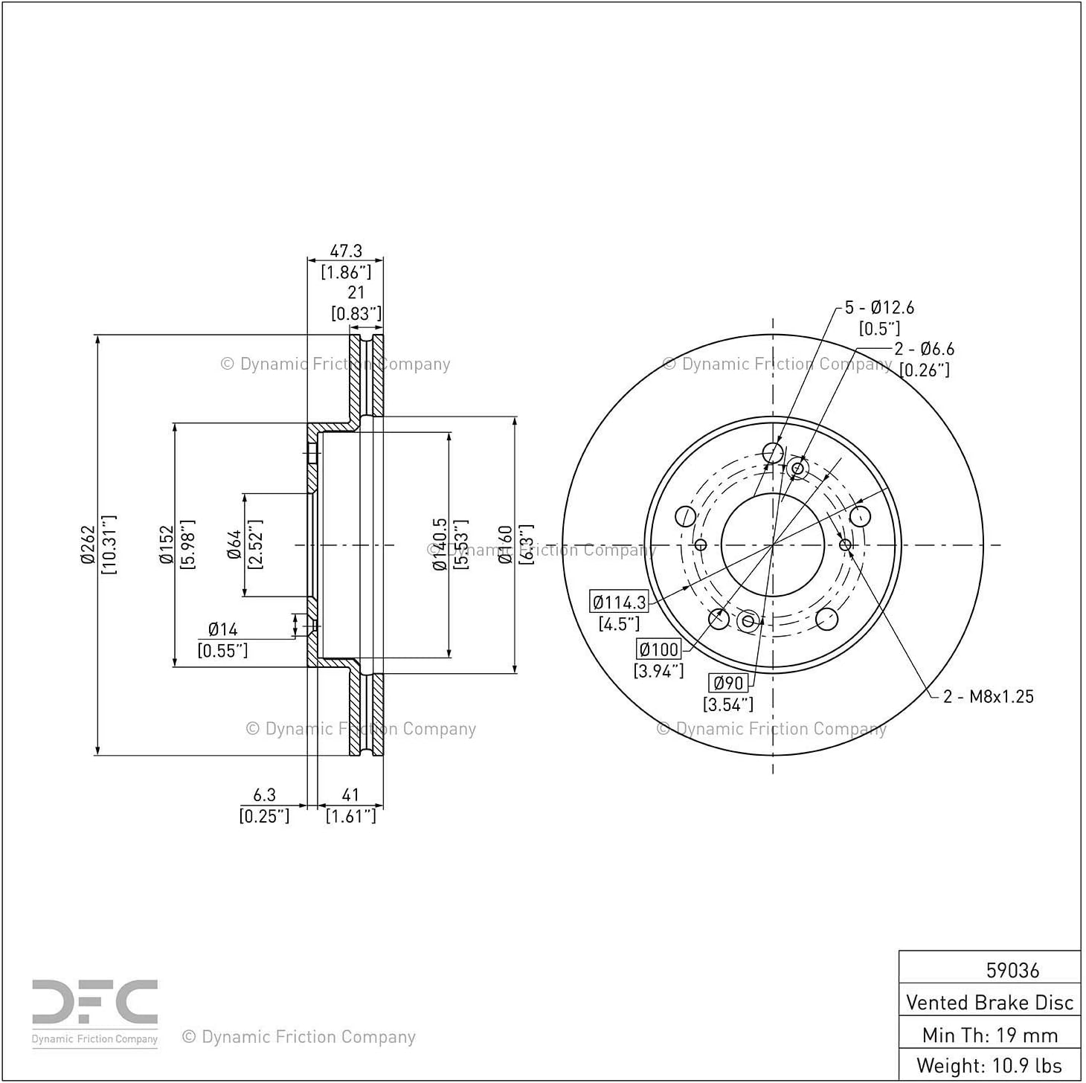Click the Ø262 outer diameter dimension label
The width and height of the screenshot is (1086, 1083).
[x=87, y=544]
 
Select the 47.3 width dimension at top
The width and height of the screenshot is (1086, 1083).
[x=345, y=251]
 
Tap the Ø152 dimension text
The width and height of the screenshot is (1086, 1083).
[x=167, y=544]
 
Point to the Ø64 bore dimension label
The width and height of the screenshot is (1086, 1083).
[x=235, y=544]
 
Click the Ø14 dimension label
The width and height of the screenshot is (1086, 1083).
[x=222, y=629]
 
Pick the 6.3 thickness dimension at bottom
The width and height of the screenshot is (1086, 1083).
[x=264, y=794]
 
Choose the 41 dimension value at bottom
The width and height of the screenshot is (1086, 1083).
[x=350, y=794]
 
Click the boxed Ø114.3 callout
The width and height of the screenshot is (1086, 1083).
[x=619, y=602]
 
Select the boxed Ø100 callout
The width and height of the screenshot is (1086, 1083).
[x=659, y=649]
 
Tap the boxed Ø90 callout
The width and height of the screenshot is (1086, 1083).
[x=728, y=683]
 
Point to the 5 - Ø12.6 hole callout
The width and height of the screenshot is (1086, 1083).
[x=879, y=307]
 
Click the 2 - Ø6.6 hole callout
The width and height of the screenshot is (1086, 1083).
[x=925, y=349]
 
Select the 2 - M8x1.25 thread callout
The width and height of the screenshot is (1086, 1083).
[x=989, y=697]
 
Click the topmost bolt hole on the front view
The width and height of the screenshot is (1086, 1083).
[x=773, y=452]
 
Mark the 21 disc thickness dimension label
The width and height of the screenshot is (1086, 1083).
[x=356, y=292]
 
